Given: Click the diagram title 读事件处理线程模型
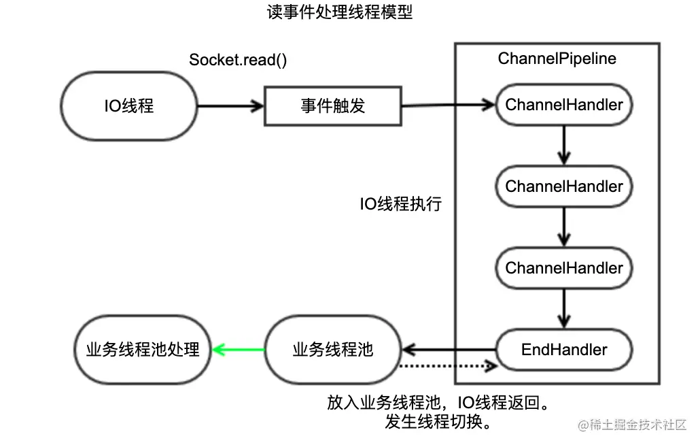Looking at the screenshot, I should pos(340,13).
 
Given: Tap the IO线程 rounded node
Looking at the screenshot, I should pos(128,105).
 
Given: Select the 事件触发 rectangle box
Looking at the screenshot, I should pos(332,105).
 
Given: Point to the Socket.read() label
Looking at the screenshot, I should pos(238,59).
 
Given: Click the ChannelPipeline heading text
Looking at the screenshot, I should pos(557,59).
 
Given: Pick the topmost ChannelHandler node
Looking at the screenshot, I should pos(563,105).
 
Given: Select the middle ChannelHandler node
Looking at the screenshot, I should pos(563,186).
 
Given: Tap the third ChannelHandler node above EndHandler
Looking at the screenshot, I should pos(563,268).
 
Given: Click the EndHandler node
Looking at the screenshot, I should pos(563,350).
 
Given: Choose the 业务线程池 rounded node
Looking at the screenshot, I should pos(332,350).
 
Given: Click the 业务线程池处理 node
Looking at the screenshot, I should pos(143,350).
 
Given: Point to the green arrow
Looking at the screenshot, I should pos(238,350).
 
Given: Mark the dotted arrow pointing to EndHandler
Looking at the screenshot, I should pos(445,367).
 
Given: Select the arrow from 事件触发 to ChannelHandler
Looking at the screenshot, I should pos(449,105).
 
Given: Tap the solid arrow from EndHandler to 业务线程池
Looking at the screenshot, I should pos(449,350).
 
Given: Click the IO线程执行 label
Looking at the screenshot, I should pos(401,204).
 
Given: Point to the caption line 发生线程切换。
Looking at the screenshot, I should pos(438,422).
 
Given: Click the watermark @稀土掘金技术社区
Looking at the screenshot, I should pos(632,425).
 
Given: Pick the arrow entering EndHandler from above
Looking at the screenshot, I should pos(563,309).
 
